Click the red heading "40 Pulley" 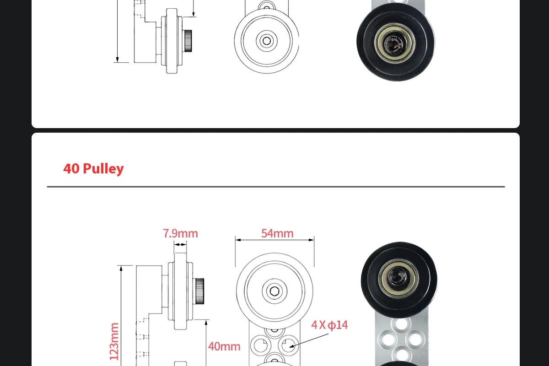pos(93,168)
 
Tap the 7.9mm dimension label pos(180,233)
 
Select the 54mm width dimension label pos(277,233)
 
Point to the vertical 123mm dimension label pos(114,341)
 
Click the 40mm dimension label pos(224,346)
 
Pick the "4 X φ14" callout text pos(329,325)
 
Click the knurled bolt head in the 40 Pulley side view pos(199,291)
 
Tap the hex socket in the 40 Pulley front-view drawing pos(274,291)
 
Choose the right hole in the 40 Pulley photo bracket pos(414,339)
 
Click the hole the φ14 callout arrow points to pos(288,344)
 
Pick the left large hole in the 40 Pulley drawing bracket pos(259,344)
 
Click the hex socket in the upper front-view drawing pos(266,40)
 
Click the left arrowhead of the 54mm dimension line pos(237,239)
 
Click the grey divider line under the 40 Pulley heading pos(275,187)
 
